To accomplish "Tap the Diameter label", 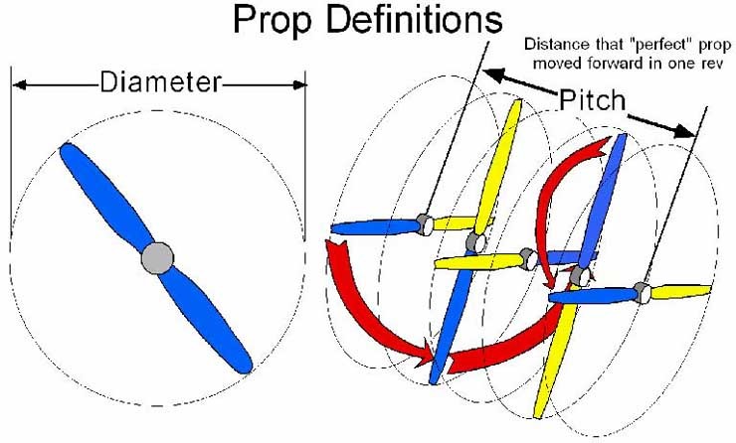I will (160, 84).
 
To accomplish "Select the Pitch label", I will (592, 100).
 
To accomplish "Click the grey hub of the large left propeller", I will (156, 258).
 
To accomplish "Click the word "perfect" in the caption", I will (618, 46).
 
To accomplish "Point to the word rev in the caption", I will (708, 64).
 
